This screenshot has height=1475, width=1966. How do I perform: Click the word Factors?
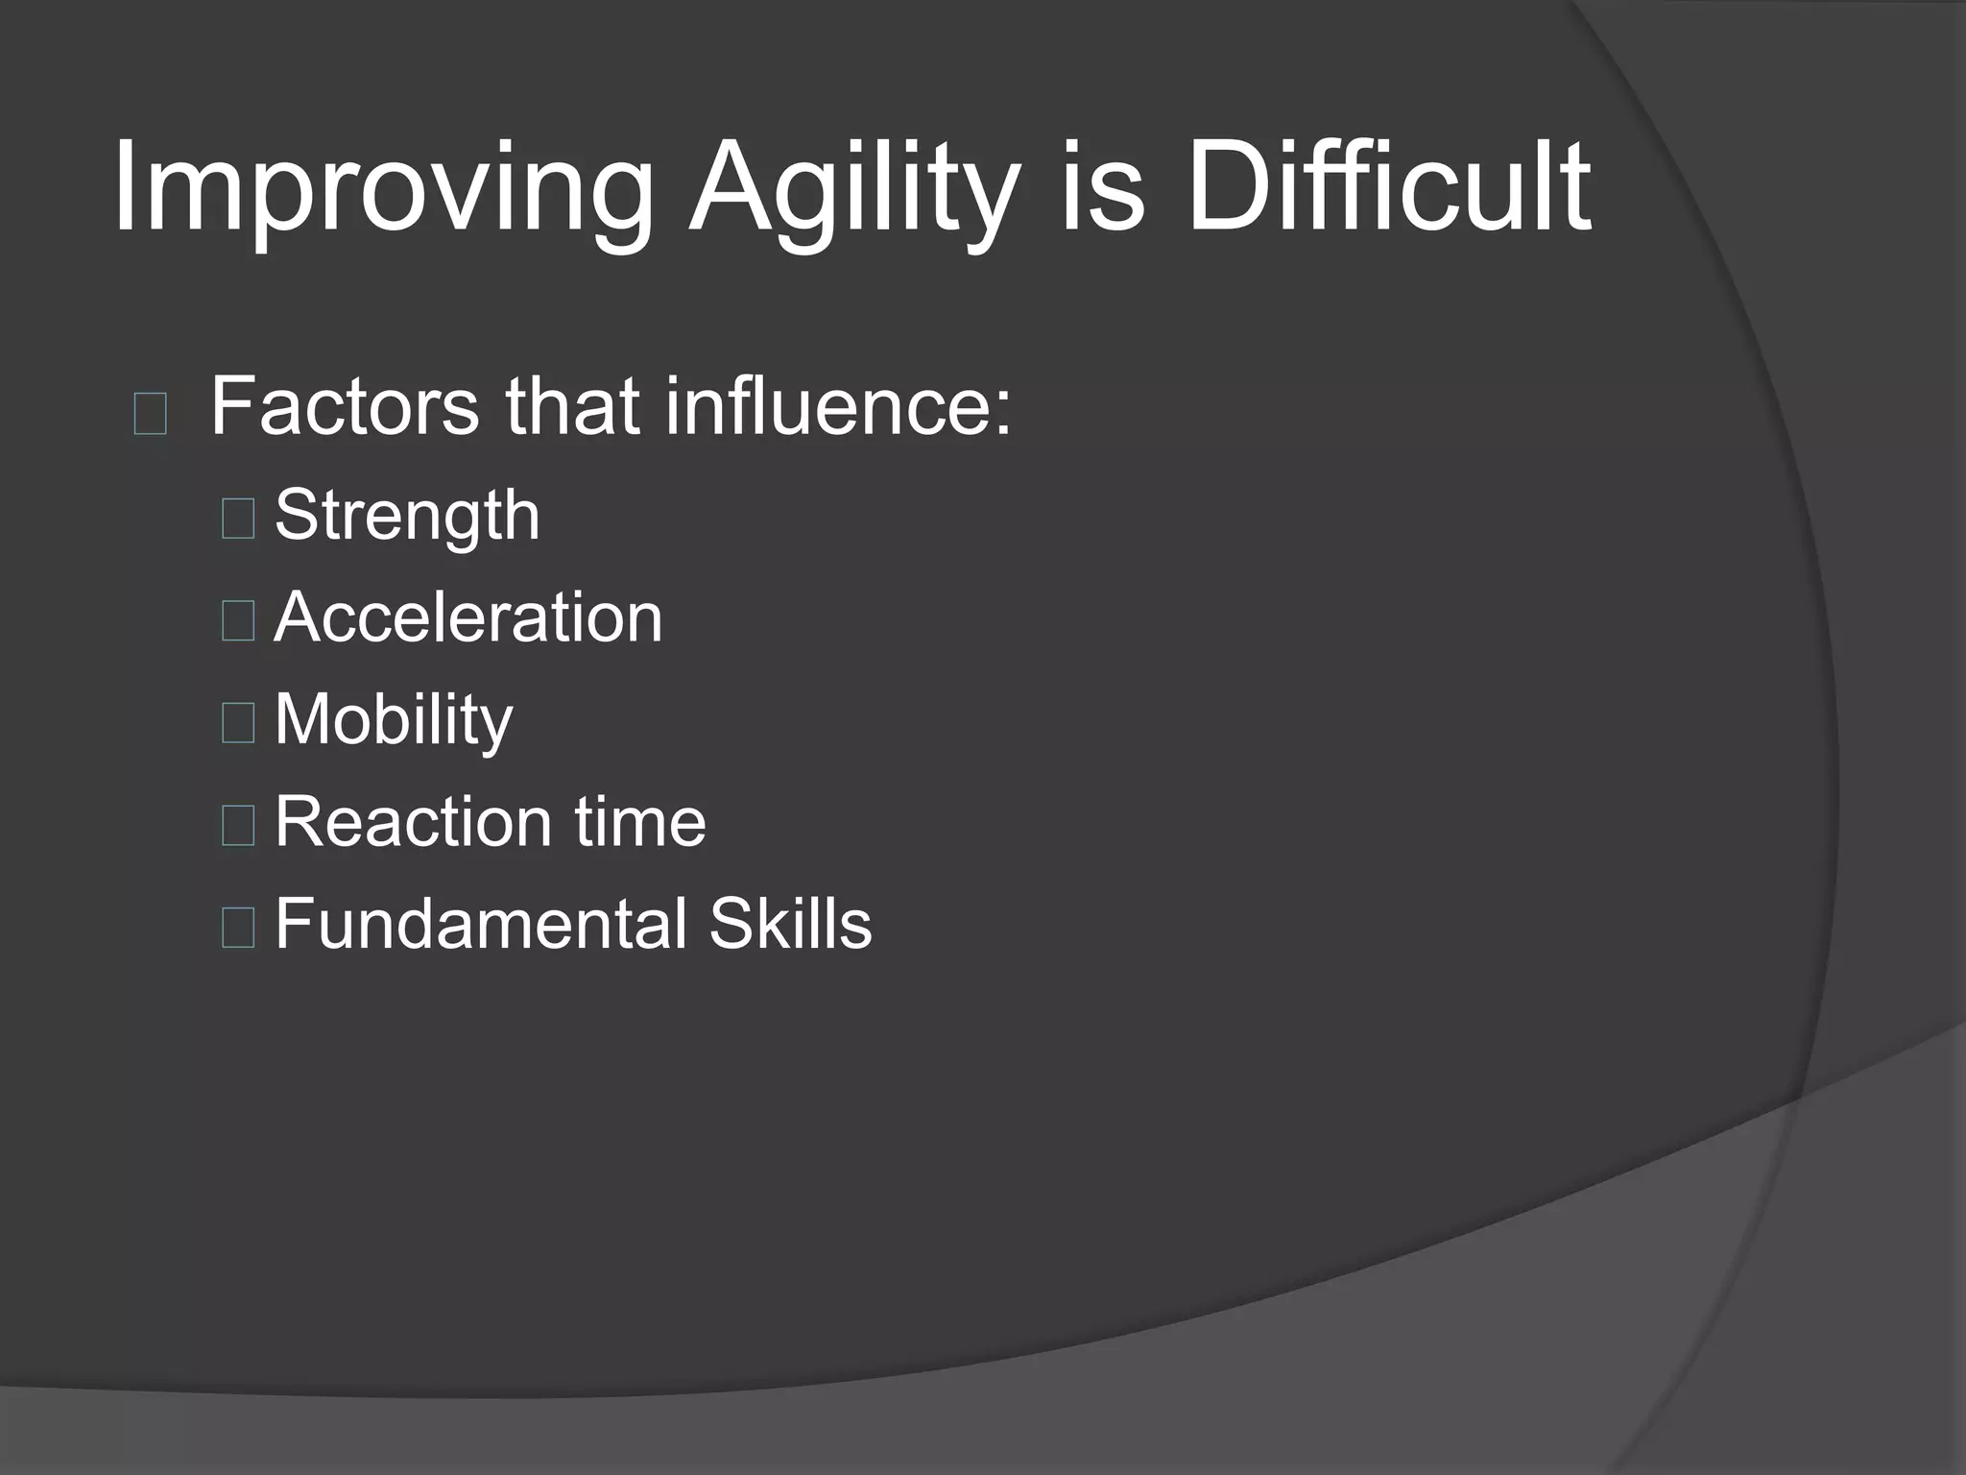tap(345, 407)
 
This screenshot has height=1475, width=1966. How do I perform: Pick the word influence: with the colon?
tap(838, 407)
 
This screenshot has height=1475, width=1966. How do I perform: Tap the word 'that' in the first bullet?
tap(572, 407)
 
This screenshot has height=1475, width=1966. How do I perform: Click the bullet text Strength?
tap(407, 517)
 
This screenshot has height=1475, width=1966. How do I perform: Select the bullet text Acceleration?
tap(468, 617)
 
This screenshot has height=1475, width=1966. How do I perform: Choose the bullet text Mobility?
tap(394, 720)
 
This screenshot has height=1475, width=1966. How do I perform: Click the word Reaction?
tap(413, 822)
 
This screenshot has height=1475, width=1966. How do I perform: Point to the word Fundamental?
tap(481, 924)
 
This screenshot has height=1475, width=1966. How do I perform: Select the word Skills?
tap(790, 924)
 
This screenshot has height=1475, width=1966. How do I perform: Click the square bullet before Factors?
tap(151, 414)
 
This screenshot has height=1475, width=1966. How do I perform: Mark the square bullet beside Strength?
tap(237, 519)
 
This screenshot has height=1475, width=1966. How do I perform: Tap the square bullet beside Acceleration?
tap(237, 620)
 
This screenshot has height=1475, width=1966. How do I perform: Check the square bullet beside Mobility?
tap(237, 722)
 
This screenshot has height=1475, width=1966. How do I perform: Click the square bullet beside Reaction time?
tap(237, 825)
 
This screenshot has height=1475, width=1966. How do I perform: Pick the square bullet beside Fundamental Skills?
tap(237, 927)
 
